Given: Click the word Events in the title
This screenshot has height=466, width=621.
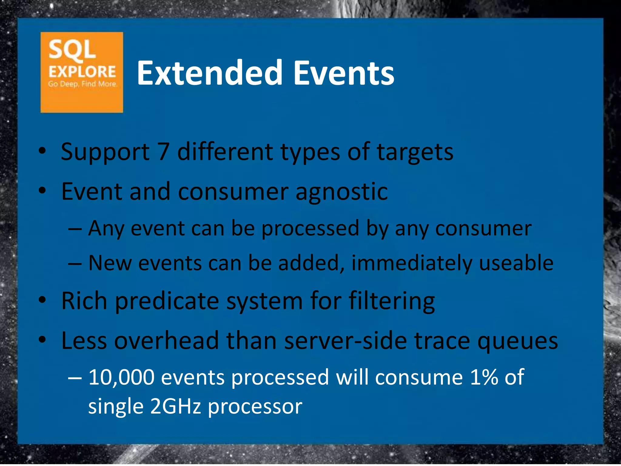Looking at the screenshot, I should [344, 73].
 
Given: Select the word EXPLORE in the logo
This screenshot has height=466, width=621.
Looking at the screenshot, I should [82, 72].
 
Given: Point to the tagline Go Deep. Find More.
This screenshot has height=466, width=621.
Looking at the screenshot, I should [82, 84].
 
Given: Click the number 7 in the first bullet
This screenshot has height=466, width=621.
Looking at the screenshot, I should [163, 152].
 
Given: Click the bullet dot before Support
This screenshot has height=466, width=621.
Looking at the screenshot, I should [42, 151].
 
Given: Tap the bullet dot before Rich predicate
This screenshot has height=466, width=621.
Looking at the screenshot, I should [42, 300].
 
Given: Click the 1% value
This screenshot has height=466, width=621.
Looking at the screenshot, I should [484, 377].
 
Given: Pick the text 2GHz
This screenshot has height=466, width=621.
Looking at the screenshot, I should [176, 407].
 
